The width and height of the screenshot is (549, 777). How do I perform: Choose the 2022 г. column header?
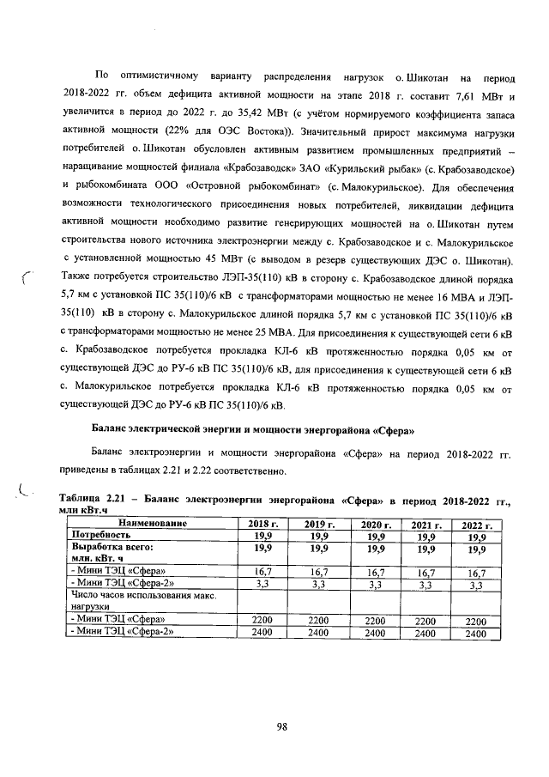[474, 524]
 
